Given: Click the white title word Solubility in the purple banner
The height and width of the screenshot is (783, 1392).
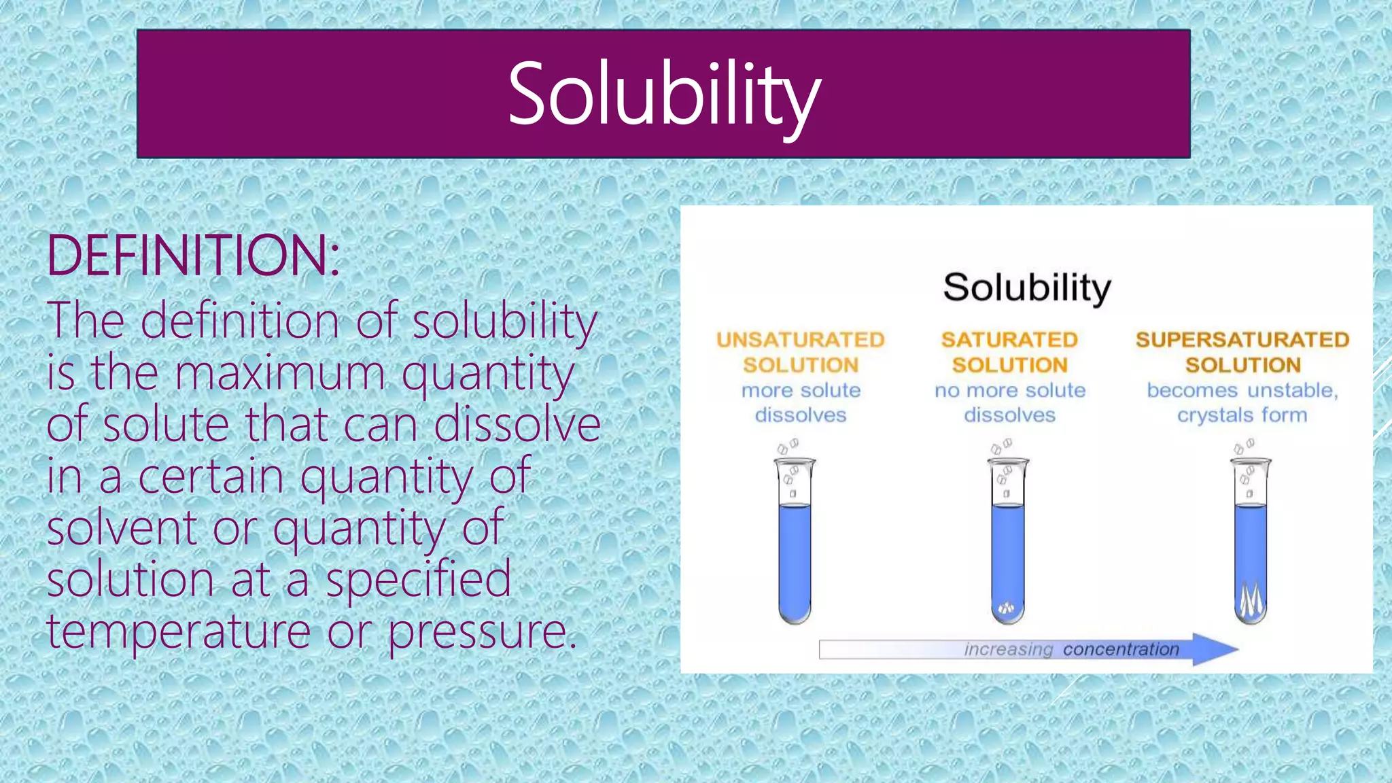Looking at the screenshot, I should pyautogui.click(x=664, y=94).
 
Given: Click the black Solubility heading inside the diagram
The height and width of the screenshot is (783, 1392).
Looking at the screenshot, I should pyautogui.click(x=1026, y=288).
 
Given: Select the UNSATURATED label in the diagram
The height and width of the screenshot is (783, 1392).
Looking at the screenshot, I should pyautogui.click(x=800, y=340).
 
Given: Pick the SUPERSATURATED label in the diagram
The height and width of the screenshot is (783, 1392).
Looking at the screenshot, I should pyautogui.click(x=1242, y=340).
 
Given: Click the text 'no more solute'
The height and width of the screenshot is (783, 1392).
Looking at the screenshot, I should pyautogui.click(x=1010, y=390).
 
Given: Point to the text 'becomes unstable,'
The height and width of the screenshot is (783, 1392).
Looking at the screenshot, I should pyautogui.click(x=1242, y=390).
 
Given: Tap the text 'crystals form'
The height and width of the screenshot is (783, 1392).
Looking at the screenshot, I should pyautogui.click(x=1242, y=415).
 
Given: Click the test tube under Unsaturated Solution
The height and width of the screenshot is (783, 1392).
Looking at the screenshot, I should pyautogui.click(x=795, y=544).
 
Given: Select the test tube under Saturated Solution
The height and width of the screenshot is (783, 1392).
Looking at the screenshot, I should pyautogui.click(x=1008, y=544).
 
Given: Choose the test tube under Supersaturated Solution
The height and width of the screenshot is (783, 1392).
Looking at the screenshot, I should pyautogui.click(x=1251, y=544).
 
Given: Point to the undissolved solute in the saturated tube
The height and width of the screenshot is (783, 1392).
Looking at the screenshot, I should pyautogui.click(x=1007, y=608).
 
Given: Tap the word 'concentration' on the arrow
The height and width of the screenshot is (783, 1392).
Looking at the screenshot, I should pyautogui.click(x=1121, y=650).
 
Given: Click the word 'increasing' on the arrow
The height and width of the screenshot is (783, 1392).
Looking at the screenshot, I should pyautogui.click(x=1008, y=650).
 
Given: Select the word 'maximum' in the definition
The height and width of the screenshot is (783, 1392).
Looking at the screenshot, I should pyautogui.click(x=281, y=373).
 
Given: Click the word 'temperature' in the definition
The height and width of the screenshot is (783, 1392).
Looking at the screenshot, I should pyautogui.click(x=179, y=631).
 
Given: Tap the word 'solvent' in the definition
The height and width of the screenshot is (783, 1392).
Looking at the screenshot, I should pyautogui.click(x=122, y=527).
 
